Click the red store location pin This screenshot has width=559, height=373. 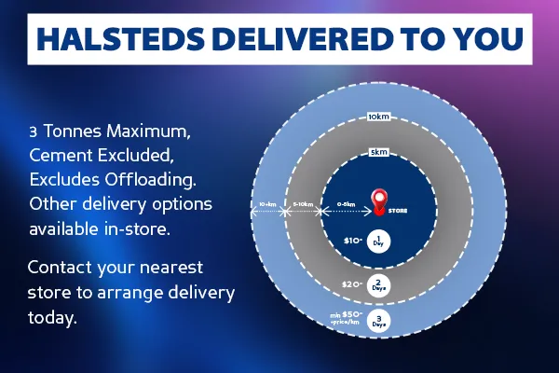tap(379, 200)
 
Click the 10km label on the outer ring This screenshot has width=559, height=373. tap(378, 117)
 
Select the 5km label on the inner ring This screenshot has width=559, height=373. tap(378, 152)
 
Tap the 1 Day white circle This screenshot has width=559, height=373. tap(378, 241)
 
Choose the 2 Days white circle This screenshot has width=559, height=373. tap(378, 284)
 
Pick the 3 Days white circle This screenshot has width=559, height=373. tap(378, 322)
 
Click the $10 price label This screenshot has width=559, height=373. tap(352, 241)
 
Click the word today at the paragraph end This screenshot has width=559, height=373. tap(52, 317)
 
